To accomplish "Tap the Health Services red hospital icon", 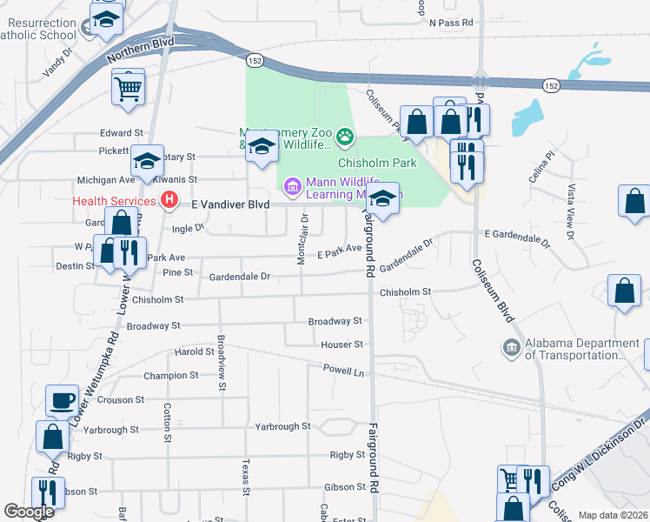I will tap(170, 201).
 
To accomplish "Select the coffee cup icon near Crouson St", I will tap(62, 400).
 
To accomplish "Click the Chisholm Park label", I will tap(376, 163).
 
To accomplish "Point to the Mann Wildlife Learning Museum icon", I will tap(291, 184).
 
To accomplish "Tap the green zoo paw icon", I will tap(346, 135).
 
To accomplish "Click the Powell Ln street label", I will tap(343, 371).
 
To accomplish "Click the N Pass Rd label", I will tap(450, 23).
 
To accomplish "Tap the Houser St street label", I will tap(342, 345).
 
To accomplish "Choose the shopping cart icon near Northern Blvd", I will tap(128, 87).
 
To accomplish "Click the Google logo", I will tap(29, 512).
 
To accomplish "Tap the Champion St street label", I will tap(170, 376).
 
